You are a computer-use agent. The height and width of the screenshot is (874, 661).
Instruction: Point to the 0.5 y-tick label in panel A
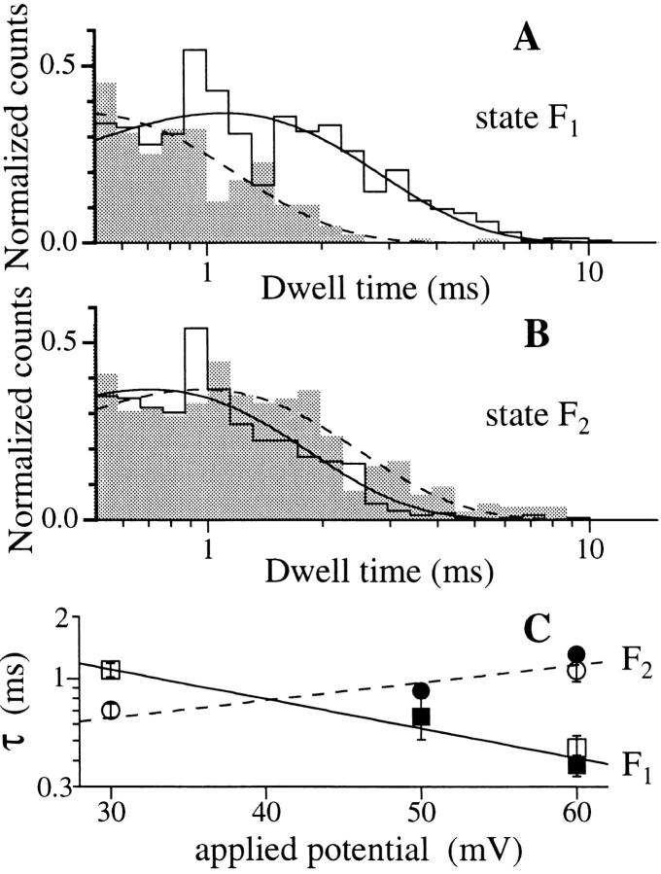click(x=57, y=66)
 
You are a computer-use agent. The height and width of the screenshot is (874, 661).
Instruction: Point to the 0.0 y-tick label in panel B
click(x=57, y=520)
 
